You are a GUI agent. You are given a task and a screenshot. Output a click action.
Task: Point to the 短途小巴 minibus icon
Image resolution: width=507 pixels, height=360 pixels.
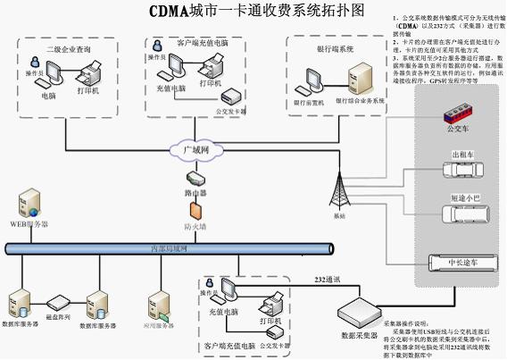click(x=462, y=214)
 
